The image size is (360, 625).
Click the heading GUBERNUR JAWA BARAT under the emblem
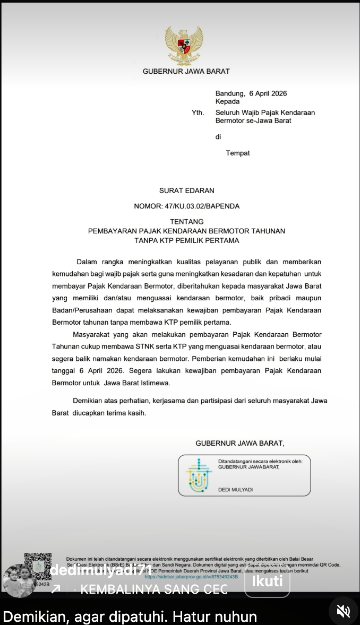[186, 71]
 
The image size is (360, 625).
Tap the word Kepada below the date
[227, 101]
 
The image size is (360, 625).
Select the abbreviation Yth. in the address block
[198, 112]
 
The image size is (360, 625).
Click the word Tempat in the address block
[238, 153]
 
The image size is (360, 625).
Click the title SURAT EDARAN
[187, 190]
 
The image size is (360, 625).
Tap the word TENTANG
[186, 221]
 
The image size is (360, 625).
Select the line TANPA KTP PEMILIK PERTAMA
[186, 240]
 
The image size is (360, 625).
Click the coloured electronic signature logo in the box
[198, 475]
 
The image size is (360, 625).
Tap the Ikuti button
[267, 581]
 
